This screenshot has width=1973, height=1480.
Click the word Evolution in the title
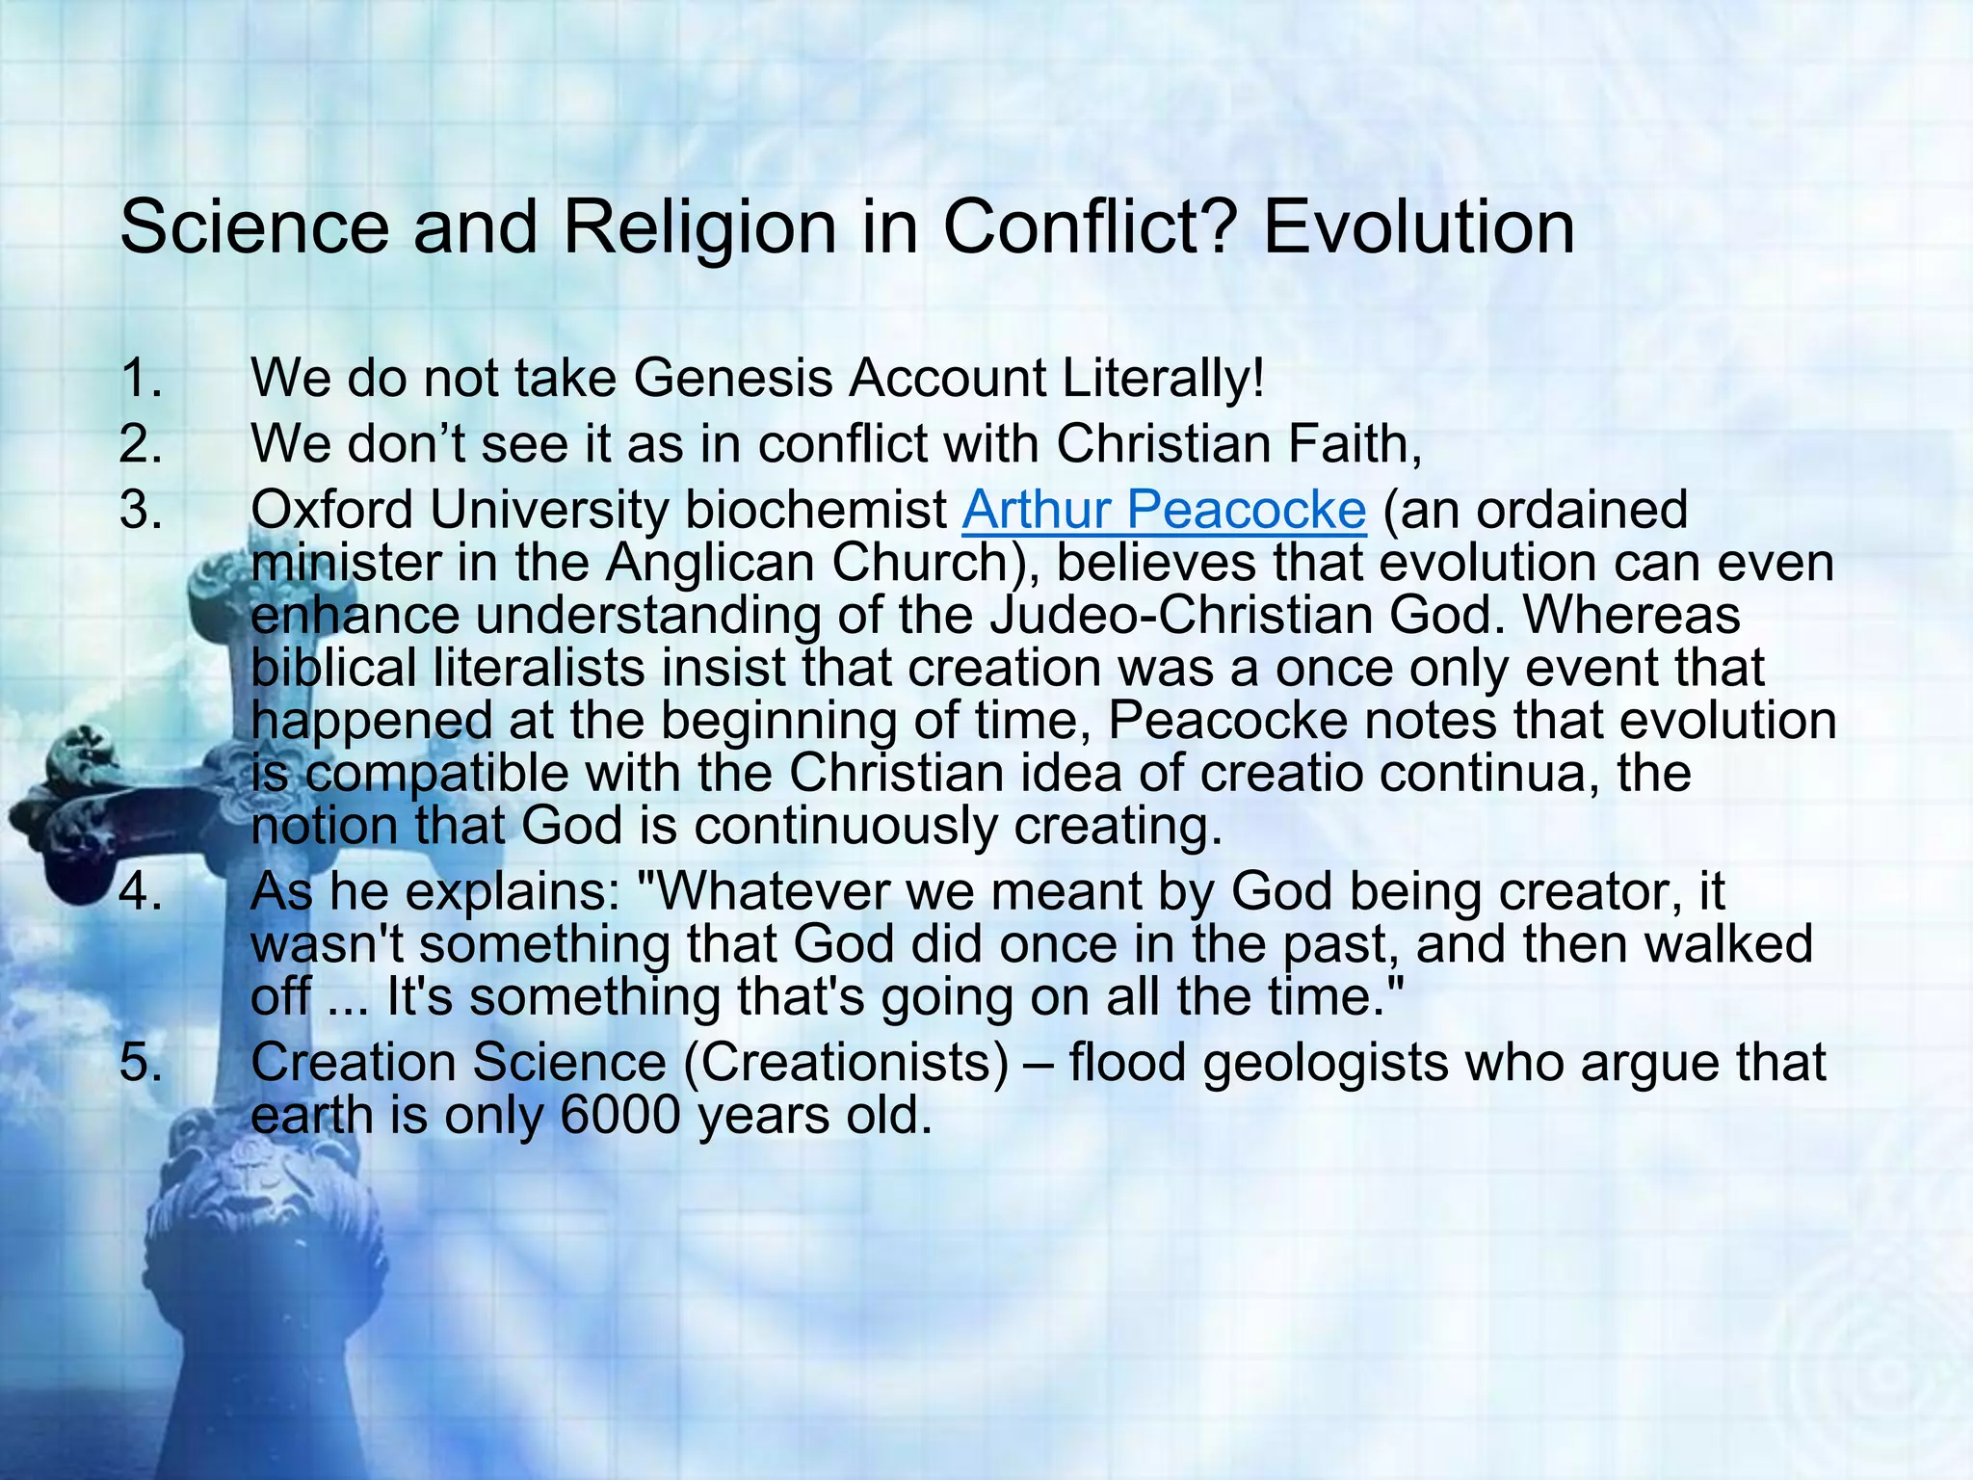coord(1418,228)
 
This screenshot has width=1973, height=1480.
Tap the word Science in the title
coord(255,228)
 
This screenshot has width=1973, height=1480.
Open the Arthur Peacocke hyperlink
coord(1164,510)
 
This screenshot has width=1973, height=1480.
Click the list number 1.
coord(141,378)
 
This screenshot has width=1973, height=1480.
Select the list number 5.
coord(141,1063)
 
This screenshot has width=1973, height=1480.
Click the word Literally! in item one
coord(1164,378)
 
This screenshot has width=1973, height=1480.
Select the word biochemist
coord(815,510)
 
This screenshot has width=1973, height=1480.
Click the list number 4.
coord(141,892)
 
